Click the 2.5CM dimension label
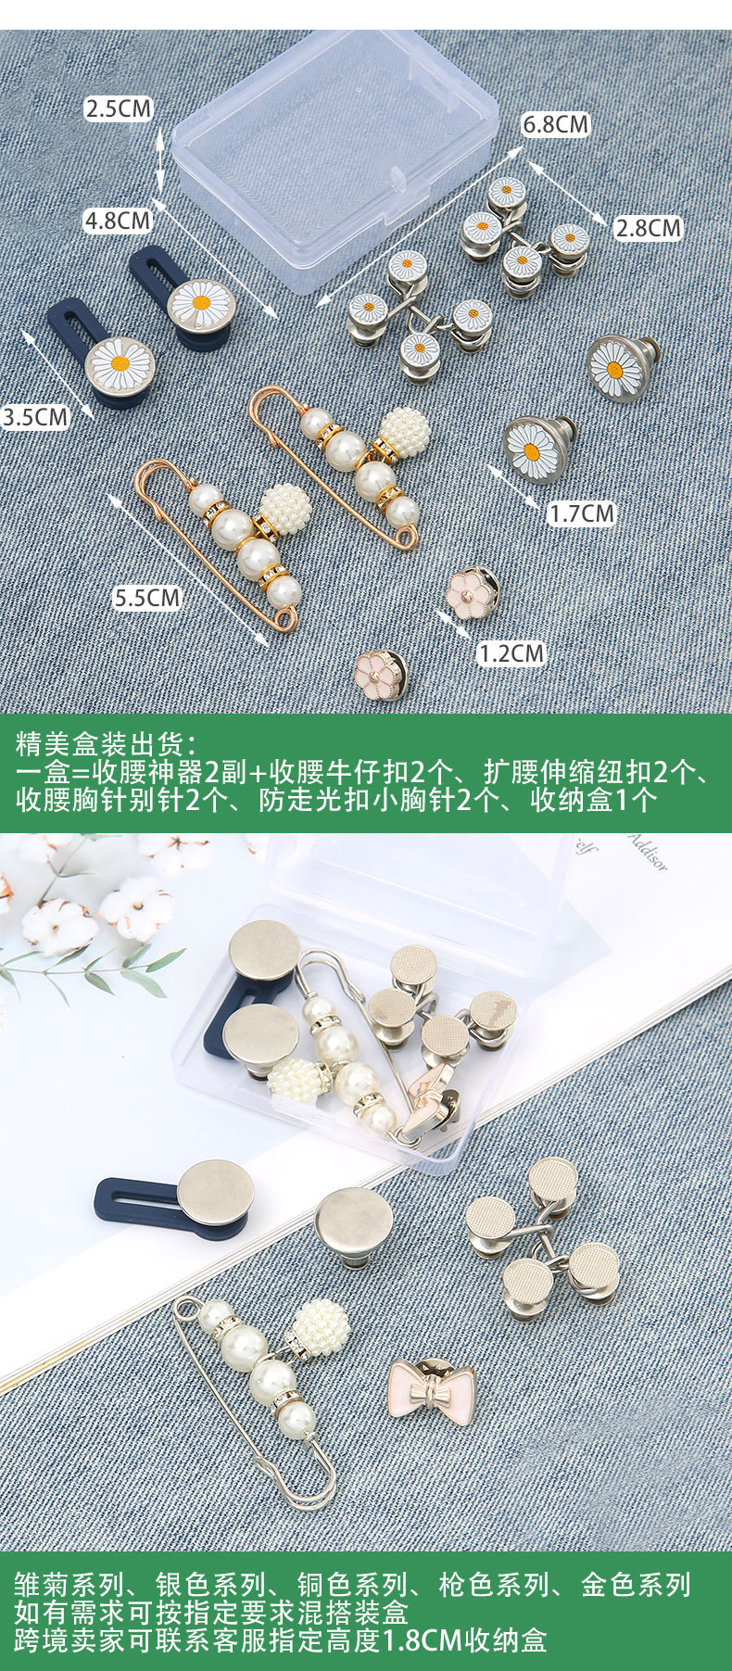[x=118, y=108]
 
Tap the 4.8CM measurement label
[x=117, y=221]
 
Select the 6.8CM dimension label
[x=555, y=123]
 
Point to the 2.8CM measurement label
[x=647, y=228]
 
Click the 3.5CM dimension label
[x=35, y=416]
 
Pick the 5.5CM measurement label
[x=146, y=597]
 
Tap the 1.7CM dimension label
[x=581, y=513]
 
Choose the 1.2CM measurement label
[x=511, y=653]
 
